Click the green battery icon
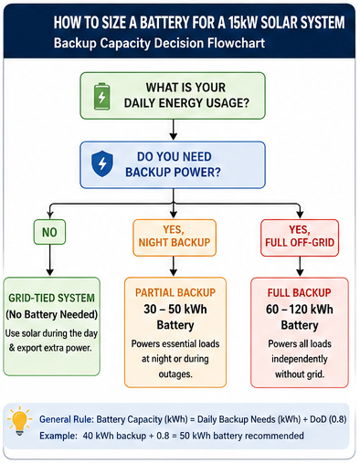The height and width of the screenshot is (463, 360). [x=101, y=97]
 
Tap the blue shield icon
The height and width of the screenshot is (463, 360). [x=102, y=163]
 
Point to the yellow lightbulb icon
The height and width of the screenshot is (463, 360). [x=20, y=421]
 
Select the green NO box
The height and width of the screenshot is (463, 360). [x=49, y=232]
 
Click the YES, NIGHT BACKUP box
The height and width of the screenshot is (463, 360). [x=175, y=237]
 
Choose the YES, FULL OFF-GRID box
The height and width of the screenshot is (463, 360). [x=300, y=237]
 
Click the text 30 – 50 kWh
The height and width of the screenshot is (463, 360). [x=175, y=310]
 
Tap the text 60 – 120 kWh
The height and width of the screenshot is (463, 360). [x=300, y=310]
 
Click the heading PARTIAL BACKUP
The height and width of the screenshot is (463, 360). [x=175, y=293]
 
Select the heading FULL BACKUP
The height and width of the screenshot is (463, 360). [x=300, y=293]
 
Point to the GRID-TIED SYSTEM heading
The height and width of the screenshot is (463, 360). [x=51, y=298]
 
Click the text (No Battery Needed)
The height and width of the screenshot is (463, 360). [x=52, y=314]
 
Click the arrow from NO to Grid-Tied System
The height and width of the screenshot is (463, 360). [x=50, y=260]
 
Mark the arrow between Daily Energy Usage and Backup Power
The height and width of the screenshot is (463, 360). [x=174, y=130]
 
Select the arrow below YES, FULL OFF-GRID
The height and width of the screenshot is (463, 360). [x=300, y=267]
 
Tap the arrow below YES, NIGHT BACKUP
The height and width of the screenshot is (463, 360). [x=174, y=267]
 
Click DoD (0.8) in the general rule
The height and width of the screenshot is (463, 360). [x=328, y=419]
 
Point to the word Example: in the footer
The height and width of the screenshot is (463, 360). [x=58, y=436]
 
